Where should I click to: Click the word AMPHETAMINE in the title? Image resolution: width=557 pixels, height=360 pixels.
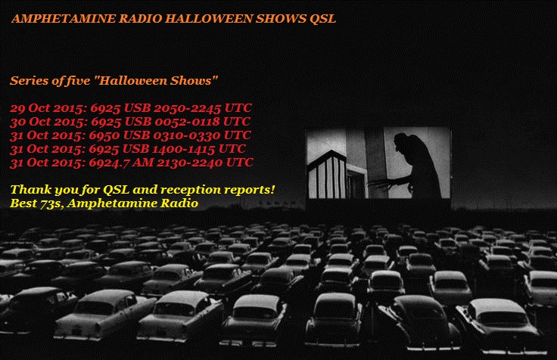(64, 18)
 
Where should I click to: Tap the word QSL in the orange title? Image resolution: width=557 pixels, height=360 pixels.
(322, 19)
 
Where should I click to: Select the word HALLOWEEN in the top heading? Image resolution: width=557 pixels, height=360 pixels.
(209, 18)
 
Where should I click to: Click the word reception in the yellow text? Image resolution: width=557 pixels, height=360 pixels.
(190, 190)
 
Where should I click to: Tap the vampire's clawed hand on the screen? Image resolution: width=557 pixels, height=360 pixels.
(380, 183)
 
